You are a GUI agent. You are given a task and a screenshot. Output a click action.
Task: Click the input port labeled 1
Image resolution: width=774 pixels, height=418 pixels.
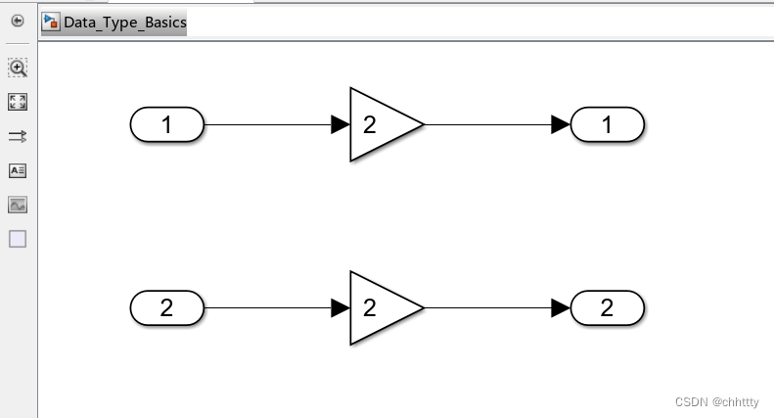tap(166, 125)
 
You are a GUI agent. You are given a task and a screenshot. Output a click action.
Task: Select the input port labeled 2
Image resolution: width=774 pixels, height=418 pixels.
tap(166, 308)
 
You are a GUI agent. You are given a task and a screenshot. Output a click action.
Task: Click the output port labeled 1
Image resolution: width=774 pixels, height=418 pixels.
tap(607, 125)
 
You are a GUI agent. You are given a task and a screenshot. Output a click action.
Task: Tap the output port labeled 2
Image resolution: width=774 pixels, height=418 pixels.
tap(607, 308)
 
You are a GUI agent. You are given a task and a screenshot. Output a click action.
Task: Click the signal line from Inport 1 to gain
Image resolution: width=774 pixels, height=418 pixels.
tap(264, 125)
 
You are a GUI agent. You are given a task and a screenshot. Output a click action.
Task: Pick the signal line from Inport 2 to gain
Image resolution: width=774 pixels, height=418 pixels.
tap(264, 308)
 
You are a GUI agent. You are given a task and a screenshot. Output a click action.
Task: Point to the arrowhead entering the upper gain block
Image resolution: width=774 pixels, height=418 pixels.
tap(341, 125)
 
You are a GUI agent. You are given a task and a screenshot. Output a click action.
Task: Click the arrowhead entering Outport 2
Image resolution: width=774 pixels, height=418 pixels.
tap(561, 308)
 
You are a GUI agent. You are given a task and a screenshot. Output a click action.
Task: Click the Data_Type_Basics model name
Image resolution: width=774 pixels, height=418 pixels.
tap(124, 23)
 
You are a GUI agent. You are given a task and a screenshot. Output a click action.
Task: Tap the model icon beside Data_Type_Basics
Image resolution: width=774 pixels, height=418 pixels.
tap(50, 22)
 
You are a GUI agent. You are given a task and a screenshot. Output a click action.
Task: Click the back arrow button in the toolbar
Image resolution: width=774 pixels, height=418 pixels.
tap(18, 21)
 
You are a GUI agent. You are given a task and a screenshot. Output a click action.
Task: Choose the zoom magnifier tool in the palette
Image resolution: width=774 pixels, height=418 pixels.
tap(18, 68)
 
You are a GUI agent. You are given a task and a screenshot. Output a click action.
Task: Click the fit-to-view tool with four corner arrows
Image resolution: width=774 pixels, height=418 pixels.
tap(18, 102)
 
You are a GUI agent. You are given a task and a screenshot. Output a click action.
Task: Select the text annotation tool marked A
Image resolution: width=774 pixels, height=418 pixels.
tap(18, 170)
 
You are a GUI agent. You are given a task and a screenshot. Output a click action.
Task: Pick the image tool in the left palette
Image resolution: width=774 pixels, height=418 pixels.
tap(18, 205)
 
